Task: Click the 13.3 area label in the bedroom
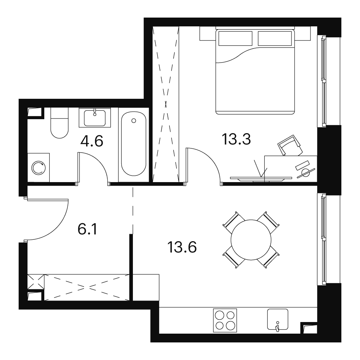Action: pos(236,139)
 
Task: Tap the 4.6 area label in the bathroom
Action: pos(92,141)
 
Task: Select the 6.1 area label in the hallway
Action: pos(88,229)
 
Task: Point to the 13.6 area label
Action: pos(182,247)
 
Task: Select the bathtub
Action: pos(134,143)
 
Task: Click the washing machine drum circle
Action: pos(39,168)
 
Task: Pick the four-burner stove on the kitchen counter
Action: pos(225,320)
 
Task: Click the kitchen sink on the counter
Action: pos(278,319)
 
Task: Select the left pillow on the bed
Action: pos(235,38)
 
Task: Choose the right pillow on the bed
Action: pos(275,38)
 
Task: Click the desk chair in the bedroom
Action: pos(290,145)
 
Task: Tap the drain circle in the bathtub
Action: pos(134,121)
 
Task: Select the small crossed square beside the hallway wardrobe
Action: pos(36,282)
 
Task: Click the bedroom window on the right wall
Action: pos(324,81)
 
